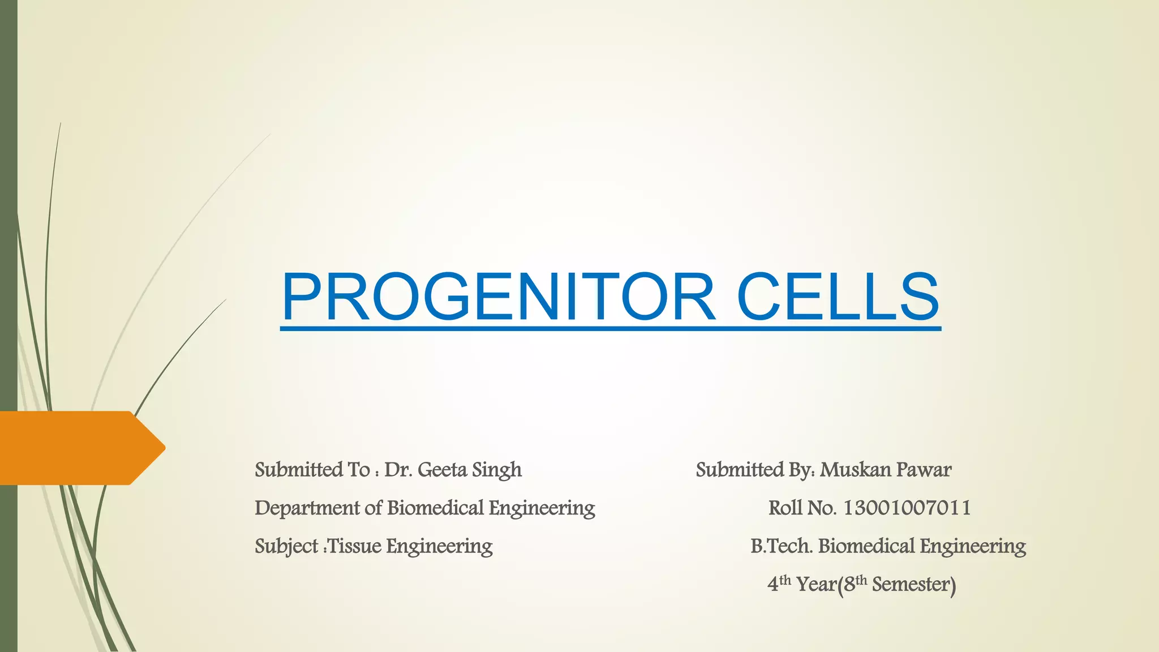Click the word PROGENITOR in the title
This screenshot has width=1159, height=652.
click(498, 297)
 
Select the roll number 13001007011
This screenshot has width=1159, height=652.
click(907, 508)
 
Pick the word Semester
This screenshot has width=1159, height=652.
click(913, 584)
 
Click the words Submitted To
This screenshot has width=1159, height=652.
click(312, 470)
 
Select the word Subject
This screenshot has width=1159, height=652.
click(286, 547)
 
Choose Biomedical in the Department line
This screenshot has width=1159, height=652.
click(435, 508)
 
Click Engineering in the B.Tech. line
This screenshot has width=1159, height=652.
click(972, 547)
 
